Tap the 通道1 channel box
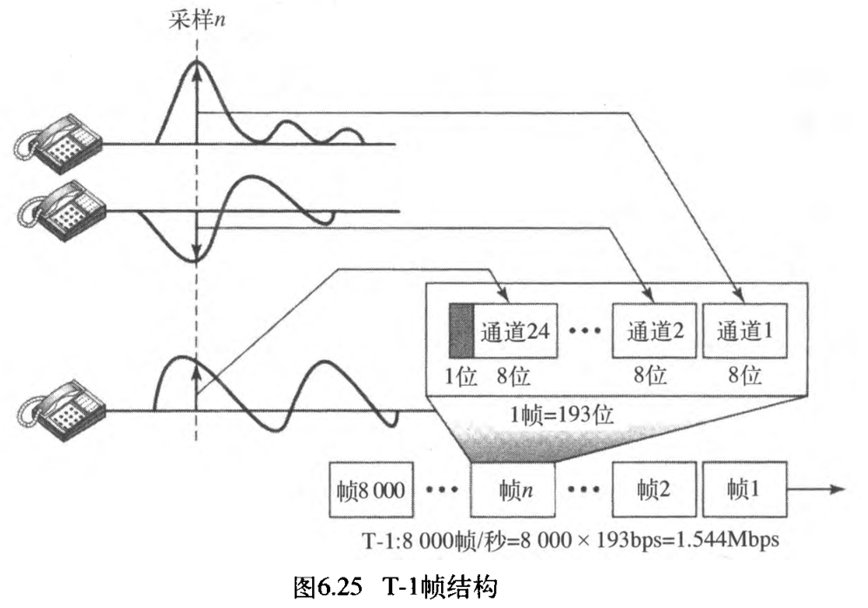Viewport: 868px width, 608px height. tap(744, 331)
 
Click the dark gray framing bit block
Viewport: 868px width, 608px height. tap(460, 331)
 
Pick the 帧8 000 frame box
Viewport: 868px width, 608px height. tap(371, 490)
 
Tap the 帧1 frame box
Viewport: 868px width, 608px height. tap(744, 490)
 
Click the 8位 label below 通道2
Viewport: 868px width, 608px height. tap(651, 375)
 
